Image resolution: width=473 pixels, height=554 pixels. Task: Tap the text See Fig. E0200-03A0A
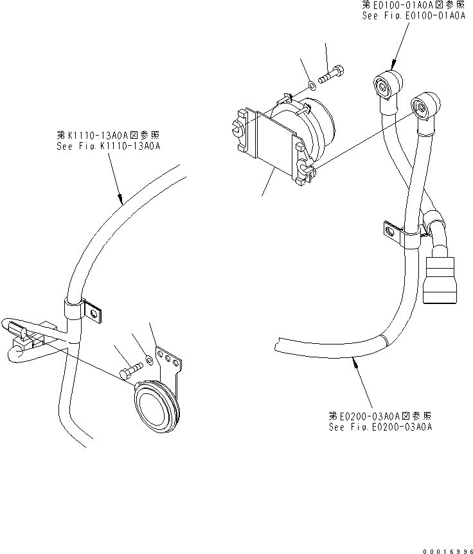click(380, 426)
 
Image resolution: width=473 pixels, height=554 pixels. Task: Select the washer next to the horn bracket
click(148, 361)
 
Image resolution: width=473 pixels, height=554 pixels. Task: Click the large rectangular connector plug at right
click(441, 278)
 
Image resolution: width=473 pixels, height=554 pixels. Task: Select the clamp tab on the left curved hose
click(94, 312)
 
